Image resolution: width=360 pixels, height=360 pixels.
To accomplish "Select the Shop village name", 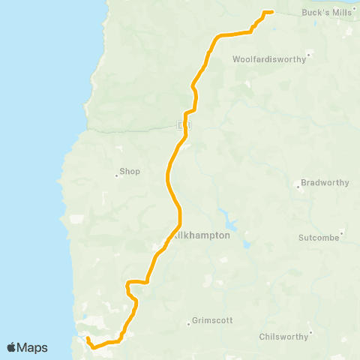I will pos(130,171).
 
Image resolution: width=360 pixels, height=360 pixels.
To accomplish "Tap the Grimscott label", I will pos(213,320).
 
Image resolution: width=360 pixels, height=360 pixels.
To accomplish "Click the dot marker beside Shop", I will pos(116,176).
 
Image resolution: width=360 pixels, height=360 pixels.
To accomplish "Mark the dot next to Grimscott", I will pos(188,325).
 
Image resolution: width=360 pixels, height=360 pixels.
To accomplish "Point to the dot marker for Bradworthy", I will pos(301,187).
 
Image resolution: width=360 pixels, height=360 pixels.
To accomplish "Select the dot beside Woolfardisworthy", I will pos(307,54).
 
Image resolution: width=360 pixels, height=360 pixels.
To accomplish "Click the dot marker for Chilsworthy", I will pos(310,332).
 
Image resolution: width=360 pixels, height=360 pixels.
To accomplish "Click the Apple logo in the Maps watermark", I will pos(12,347).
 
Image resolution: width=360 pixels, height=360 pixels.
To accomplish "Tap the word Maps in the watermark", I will pos(34,347).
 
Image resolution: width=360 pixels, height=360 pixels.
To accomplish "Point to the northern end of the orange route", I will pos(270,11).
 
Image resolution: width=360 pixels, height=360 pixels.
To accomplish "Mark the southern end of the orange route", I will pos(88,339).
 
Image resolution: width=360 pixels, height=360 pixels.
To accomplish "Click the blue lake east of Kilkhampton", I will pos(230,224).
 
